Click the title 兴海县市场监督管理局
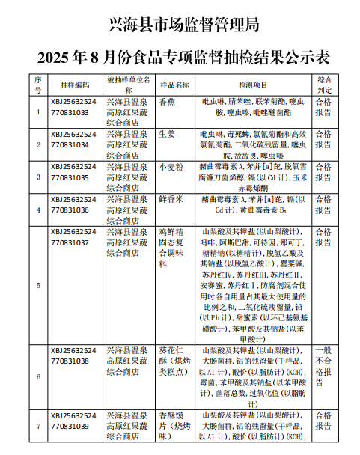(180, 25)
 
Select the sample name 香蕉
(168, 101)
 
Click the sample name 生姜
(168, 134)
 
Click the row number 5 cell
(38, 285)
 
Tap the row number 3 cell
(38, 177)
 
